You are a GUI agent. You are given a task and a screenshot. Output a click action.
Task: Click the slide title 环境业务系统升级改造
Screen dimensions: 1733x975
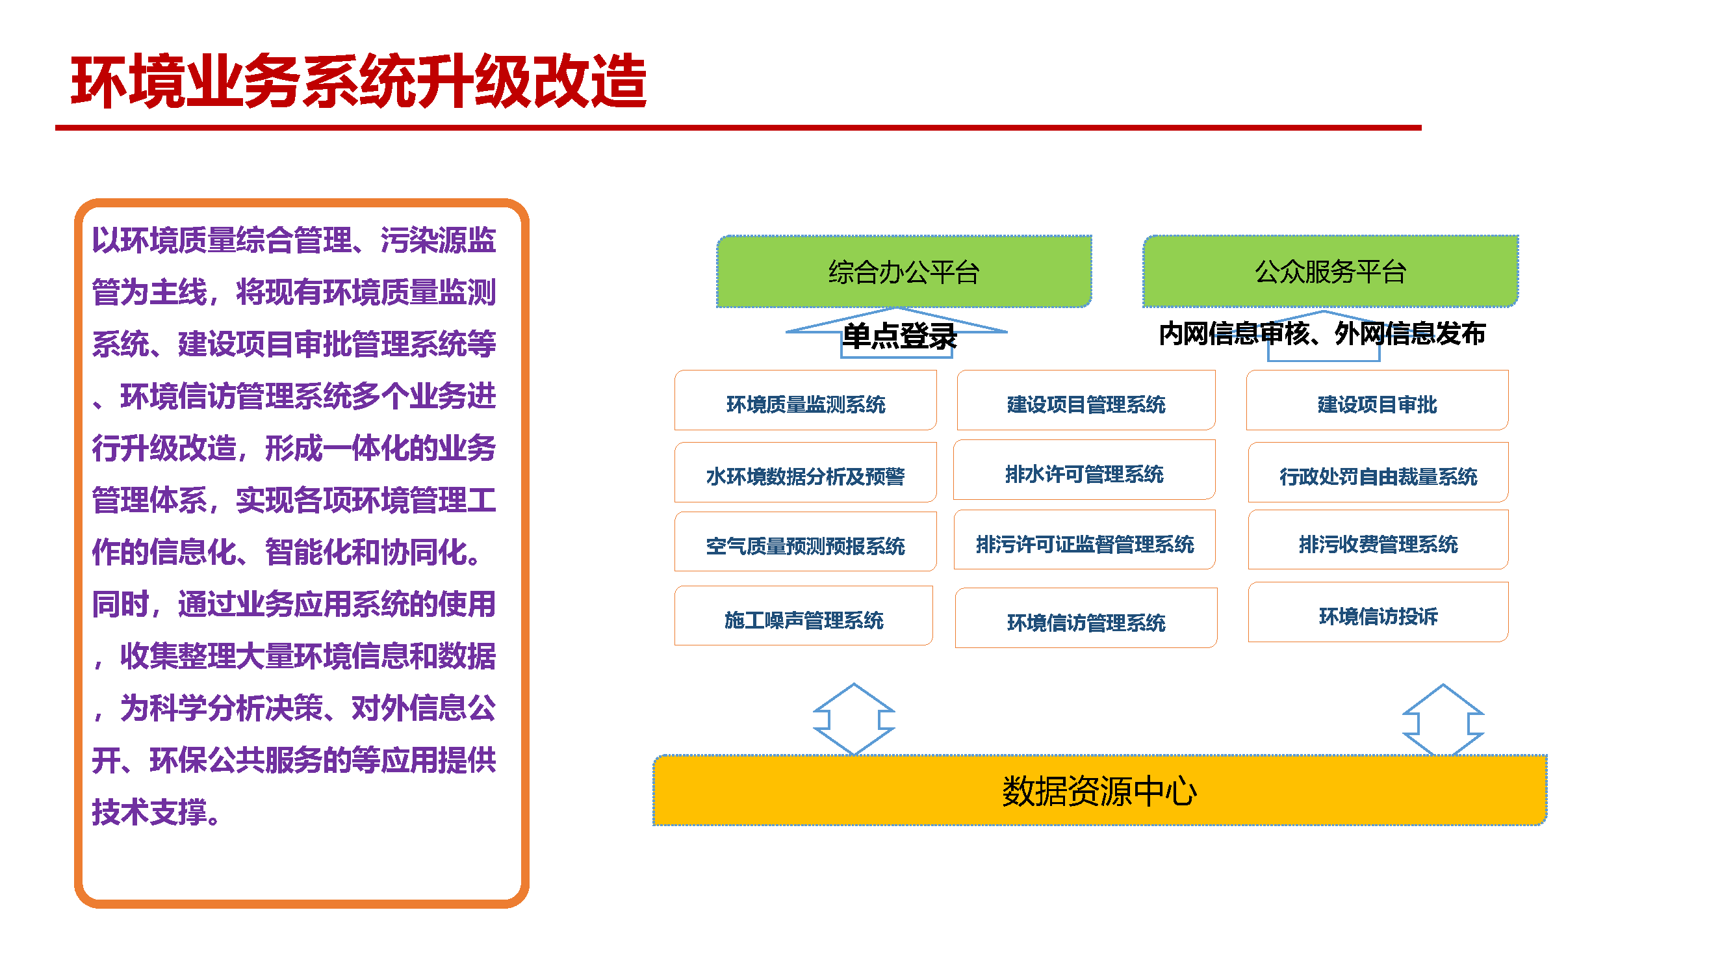pos(358,82)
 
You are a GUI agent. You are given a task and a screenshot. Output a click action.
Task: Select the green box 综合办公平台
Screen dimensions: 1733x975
pos(903,272)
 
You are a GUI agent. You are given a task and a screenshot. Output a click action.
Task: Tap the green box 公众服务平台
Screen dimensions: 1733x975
pos(1329,272)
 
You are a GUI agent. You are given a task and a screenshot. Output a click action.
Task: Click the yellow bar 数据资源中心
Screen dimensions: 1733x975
pos(1099,790)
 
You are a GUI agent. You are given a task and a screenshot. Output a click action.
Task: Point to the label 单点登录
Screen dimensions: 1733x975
pos(899,336)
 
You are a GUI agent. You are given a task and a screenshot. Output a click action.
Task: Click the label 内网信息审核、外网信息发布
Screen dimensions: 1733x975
pos(1321,333)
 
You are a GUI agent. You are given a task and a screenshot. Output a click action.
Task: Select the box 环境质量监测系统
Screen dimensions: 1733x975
pos(805,404)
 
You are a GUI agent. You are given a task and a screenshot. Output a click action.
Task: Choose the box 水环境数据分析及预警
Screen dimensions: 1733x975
pos(805,476)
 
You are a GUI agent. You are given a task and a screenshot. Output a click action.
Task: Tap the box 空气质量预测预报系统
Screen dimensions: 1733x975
pos(805,545)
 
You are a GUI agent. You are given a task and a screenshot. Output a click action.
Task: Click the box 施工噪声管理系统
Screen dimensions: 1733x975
pos(803,619)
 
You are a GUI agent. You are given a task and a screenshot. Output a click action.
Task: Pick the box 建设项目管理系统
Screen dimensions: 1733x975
pos(1086,404)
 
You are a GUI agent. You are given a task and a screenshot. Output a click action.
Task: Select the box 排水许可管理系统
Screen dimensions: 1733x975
pos(1084,474)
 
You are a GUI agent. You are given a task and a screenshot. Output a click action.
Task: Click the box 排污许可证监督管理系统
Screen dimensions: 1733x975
pos(1084,543)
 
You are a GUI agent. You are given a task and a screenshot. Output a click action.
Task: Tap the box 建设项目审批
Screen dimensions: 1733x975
pos(1376,404)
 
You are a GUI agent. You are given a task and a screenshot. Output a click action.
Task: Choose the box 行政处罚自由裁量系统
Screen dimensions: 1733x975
pos(1378,476)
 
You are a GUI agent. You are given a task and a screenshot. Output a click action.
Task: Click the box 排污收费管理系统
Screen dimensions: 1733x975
pos(1378,543)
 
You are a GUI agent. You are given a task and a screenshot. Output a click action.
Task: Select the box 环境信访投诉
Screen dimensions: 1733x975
pos(1378,615)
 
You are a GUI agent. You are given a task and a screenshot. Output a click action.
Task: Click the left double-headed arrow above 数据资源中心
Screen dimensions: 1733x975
pos(853,720)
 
